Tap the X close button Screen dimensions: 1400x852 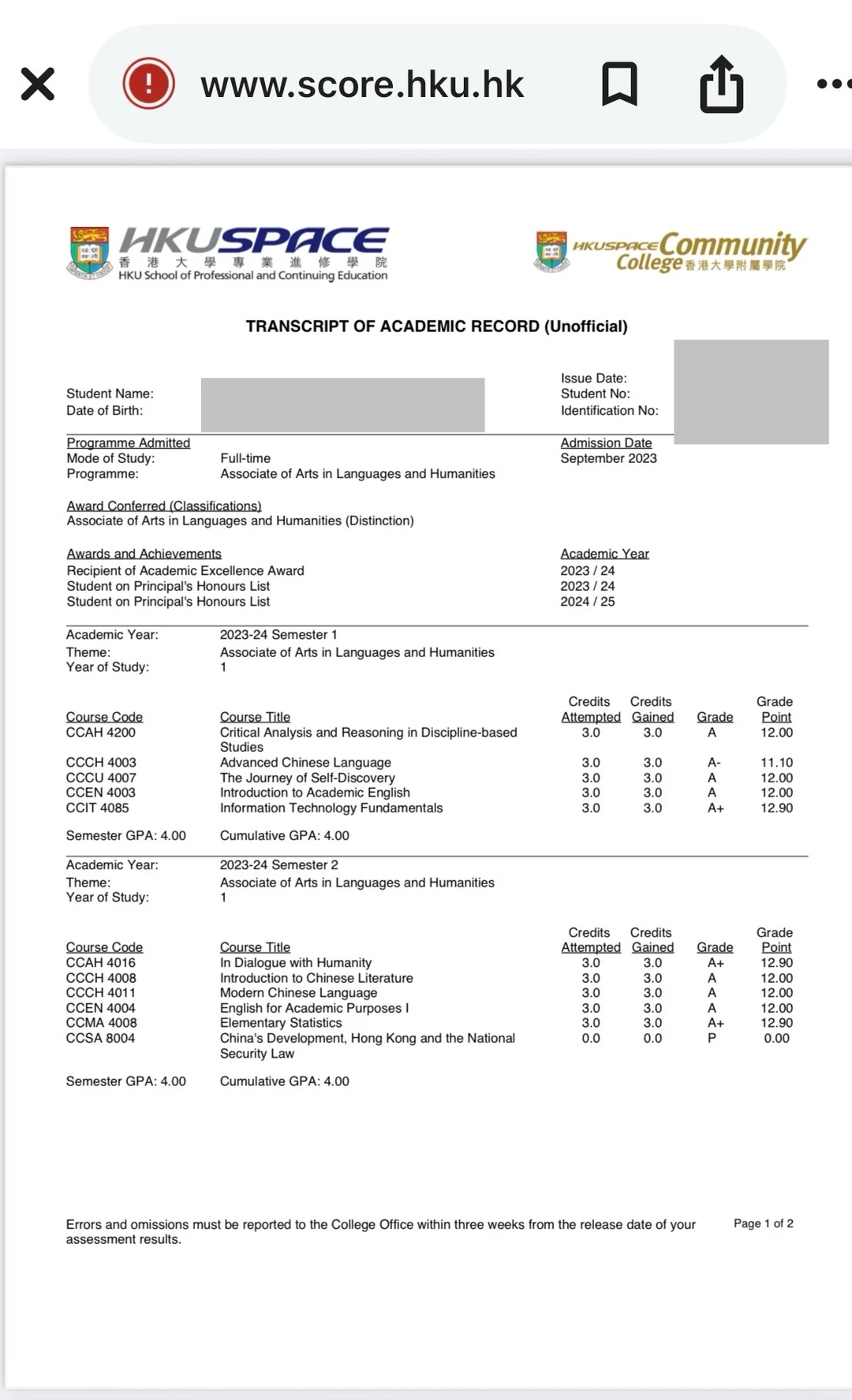click(38, 84)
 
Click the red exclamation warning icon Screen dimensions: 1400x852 click(148, 84)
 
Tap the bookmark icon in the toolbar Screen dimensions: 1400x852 click(619, 84)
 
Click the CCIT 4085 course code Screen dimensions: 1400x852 click(98, 808)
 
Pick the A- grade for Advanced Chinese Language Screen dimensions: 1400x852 click(714, 763)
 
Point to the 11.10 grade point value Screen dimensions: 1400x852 click(776, 763)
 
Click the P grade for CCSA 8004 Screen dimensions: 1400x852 click(712, 1038)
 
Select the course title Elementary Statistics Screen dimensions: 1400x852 click(281, 1023)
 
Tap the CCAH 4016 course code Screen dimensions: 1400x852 click(101, 963)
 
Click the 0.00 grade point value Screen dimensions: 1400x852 click(776, 1038)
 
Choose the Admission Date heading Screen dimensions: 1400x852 click(606, 443)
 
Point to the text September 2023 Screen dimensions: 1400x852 click(608, 458)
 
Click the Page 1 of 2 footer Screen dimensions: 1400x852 click(763, 1223)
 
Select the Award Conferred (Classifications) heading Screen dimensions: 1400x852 click(164, 506)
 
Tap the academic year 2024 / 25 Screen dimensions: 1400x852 click(588, 602)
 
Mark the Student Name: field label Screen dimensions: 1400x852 click(110, 394)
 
